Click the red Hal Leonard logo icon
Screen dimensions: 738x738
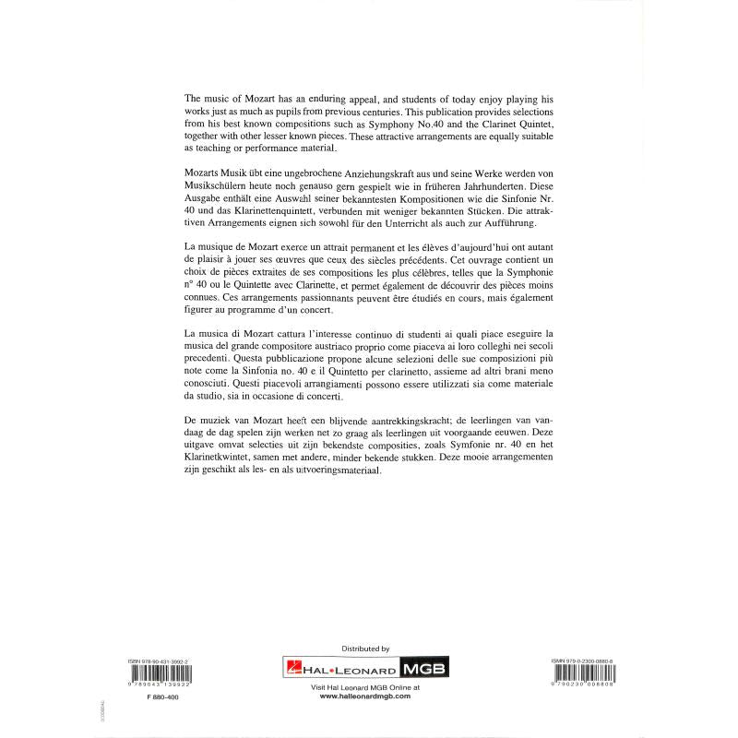coord(292,669)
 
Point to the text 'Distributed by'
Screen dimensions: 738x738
coord(365,650)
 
